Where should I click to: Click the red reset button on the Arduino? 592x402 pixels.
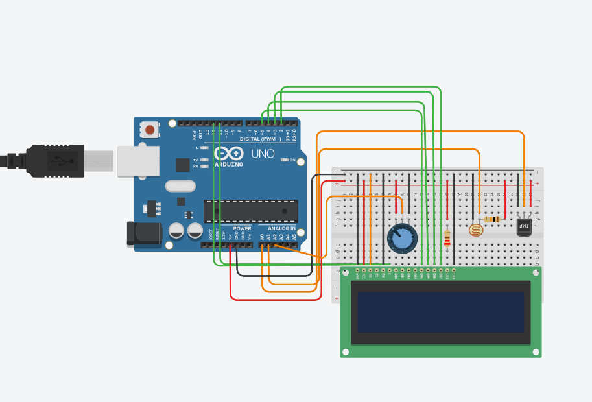click(150, 130)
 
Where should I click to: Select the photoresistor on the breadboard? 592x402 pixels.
click(476, 229)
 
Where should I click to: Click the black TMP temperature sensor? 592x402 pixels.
click(524, 226)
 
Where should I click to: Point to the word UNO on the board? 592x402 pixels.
click(262, 154)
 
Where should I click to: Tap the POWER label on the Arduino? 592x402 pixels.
click(242, 228)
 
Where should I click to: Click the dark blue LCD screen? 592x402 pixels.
click(440, 311)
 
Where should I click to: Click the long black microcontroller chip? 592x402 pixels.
click(250, 211)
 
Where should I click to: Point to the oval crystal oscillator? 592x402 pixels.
click(180, 186)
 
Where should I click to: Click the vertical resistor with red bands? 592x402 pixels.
click(447, 239)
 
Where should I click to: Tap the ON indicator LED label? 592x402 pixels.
click(292, 160)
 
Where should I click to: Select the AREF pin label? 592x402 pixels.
click(194, 134)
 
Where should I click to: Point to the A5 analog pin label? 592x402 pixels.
click(294, 237)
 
